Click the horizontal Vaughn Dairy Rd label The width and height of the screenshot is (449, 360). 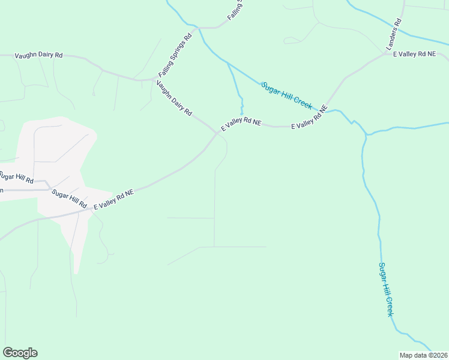pos(38,55)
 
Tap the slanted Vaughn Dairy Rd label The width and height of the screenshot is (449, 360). pos(174,98)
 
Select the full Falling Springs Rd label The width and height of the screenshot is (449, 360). pos(175,58)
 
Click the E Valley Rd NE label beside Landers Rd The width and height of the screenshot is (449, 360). pos(414,55)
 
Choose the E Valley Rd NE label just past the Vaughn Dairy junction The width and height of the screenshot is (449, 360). pos(241,124)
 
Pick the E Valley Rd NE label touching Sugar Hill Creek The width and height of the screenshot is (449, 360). pos(310,118)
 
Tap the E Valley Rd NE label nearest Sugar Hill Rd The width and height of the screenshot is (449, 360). pos(113,199)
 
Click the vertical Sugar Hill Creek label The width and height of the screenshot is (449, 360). pos(386,289)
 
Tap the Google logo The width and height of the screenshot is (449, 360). pos(20,353)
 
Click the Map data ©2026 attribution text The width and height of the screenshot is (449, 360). pos(423,355)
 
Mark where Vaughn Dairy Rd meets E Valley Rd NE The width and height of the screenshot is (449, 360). pos(217,132)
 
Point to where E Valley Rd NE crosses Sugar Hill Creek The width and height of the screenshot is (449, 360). pos(329,110)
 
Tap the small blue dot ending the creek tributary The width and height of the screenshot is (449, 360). pos(241,114)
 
